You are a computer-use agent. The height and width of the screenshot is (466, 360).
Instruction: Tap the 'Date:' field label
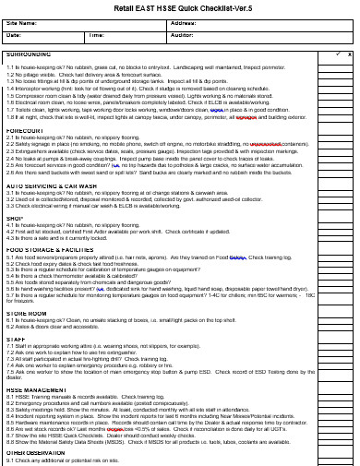click(x=14, y=35)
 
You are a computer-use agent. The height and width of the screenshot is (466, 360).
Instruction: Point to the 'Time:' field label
click(x=97, y=35)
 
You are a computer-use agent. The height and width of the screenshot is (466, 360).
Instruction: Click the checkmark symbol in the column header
click(x=325, y=54)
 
